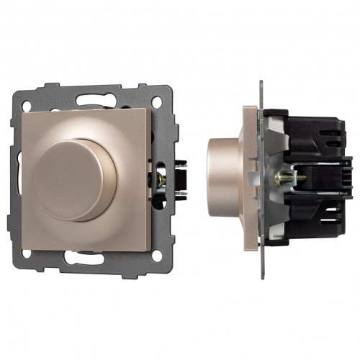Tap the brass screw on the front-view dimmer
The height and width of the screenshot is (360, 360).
pos(161,177)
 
